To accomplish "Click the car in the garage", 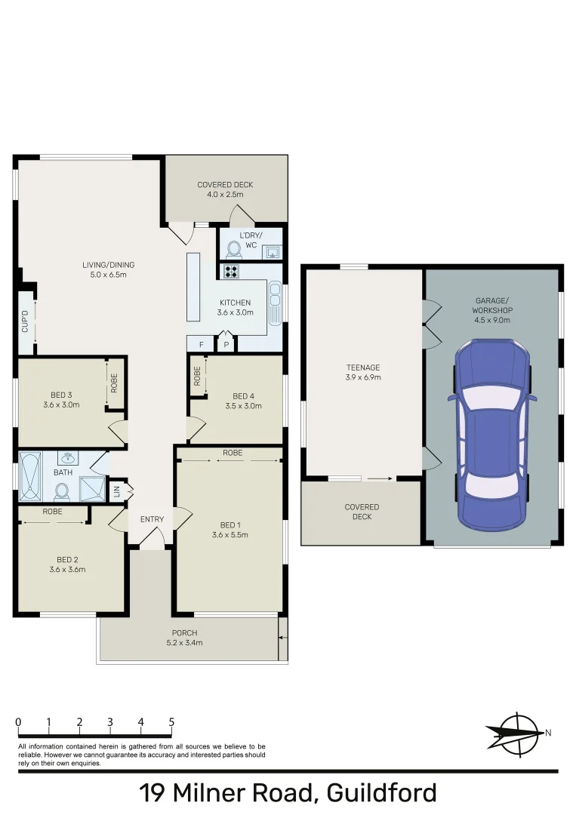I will [x=491, y=435].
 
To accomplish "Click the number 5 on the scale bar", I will [x=171, y=722].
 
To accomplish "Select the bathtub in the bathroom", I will [x=30, y=477].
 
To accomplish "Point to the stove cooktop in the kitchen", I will [x=230, y=272].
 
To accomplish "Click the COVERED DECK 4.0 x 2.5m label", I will [x=225, y=189].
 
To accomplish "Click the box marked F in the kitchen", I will [x=201, y=345].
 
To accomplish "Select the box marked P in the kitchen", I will [x=226, y=345].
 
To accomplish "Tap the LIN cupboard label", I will [x=116, y=491].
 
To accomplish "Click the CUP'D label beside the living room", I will [x=26, y=323].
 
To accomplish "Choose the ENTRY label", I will [x=152, y=519].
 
